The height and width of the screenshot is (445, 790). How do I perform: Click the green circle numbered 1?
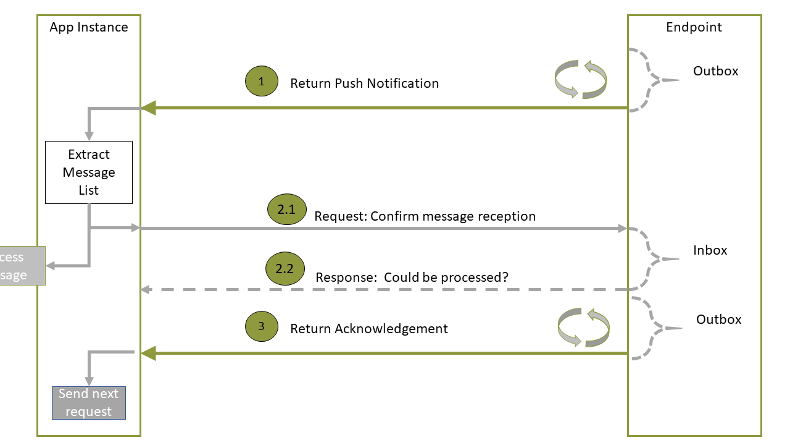(262, 82)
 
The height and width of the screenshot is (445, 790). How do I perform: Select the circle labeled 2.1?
(286, 210)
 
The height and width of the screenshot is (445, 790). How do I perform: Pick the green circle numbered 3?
(262, 326)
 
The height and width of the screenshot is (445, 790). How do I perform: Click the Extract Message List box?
(89, 172)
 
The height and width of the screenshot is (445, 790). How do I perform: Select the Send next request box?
(89, 403)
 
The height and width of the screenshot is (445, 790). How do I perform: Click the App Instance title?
(89, 27)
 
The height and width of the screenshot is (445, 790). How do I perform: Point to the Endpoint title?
(694, 27)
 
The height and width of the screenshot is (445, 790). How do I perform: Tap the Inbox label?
(710, 250)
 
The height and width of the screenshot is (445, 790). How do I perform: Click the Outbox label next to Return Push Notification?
(715, 71)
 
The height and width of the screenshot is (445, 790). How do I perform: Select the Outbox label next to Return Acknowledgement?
(718, 320)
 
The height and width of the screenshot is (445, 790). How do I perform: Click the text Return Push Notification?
(364, 83)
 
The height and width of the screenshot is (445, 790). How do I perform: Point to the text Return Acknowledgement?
(368, 329)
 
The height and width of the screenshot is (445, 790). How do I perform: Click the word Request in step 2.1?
(340, 216)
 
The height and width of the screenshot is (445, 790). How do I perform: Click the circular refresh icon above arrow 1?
(581, 80)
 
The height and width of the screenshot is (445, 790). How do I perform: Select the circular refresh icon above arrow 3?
(583, 328)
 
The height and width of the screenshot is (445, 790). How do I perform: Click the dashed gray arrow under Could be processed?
(383, 289)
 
